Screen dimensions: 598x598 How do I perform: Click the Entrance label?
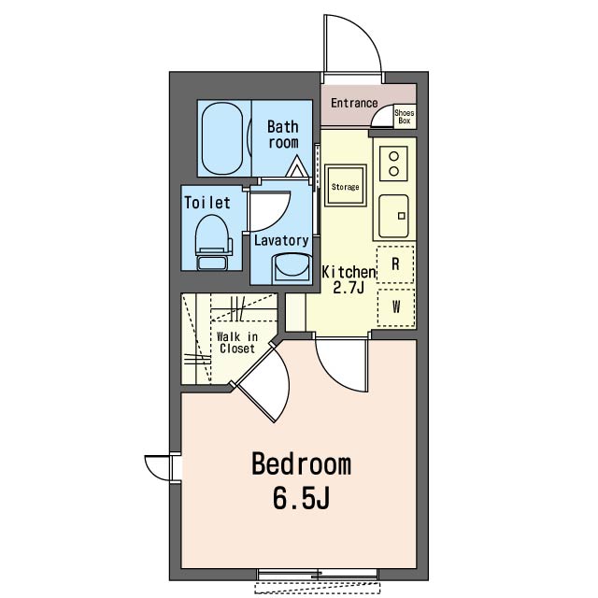[x=354, y=103]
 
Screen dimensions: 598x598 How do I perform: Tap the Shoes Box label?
[x=405, y=117]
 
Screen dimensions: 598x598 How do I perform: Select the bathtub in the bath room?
[x=222, y=138]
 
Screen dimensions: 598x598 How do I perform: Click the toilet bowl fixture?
[x=213, y=242]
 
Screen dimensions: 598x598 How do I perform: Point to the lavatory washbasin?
[x=292, y=268]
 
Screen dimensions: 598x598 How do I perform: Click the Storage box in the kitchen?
[x=345, y=186]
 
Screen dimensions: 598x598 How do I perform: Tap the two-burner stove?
[x=393, y=164]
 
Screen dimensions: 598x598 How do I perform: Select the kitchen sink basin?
[x=393, y=216]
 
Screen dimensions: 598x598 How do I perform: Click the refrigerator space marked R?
[x=395, y=264]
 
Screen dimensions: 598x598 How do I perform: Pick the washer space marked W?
[x=396, y=307]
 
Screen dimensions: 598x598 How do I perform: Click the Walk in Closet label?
[x=236, y=343]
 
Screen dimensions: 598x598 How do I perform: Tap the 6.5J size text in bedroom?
[x=301, y=498]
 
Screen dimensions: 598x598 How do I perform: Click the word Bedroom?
[x=301, y=463]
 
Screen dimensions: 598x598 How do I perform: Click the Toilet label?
[x=207, y=203]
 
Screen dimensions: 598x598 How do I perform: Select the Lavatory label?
[x=281, y=241]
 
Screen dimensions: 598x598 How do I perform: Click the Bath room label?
[x=282, y=135]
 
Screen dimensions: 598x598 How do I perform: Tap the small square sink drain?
[x=401, y=216]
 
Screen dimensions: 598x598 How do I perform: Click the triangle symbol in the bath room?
[x=297, y=166]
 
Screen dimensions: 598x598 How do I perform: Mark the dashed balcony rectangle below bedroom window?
[x=318, y=587]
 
